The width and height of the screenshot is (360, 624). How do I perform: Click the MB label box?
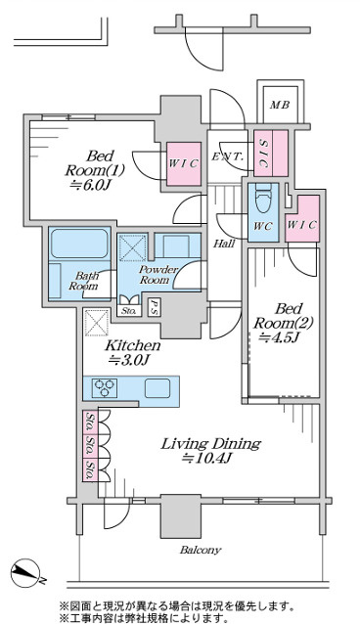[280, 105]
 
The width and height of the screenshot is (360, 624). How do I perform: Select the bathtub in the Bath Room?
[79, 244]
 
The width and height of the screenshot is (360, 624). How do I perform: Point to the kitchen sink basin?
[157, 388]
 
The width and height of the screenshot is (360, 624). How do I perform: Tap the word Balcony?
[200, 551]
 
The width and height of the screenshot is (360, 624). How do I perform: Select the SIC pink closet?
[271, 153]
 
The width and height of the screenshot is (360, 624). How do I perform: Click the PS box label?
[154, 308]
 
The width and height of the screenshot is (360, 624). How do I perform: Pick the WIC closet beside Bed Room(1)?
[184, 164]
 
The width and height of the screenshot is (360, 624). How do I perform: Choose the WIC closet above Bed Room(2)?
[302, 218]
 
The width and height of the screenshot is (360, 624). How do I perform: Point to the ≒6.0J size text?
[90, 185]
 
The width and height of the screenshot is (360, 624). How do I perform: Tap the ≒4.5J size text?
[279, 338]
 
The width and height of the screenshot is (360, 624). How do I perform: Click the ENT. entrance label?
[227, 156]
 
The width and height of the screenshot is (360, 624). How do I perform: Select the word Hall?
[223, 244]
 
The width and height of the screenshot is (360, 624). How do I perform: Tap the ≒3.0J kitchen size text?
[129, 361]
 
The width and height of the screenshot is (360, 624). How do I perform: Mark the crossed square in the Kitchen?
[97, 322]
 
